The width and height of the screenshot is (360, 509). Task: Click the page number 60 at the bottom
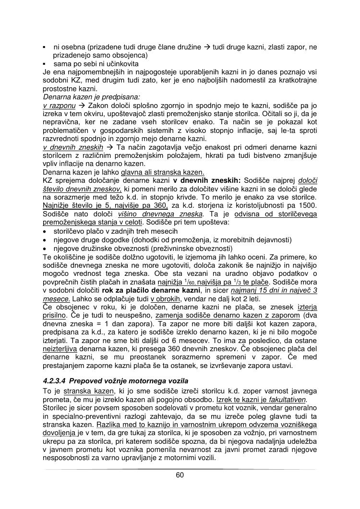180,475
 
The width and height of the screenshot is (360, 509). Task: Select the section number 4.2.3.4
55,380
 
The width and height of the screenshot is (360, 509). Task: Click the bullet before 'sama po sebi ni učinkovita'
44,63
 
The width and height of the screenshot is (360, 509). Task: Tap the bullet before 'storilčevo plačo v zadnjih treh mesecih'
45,231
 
